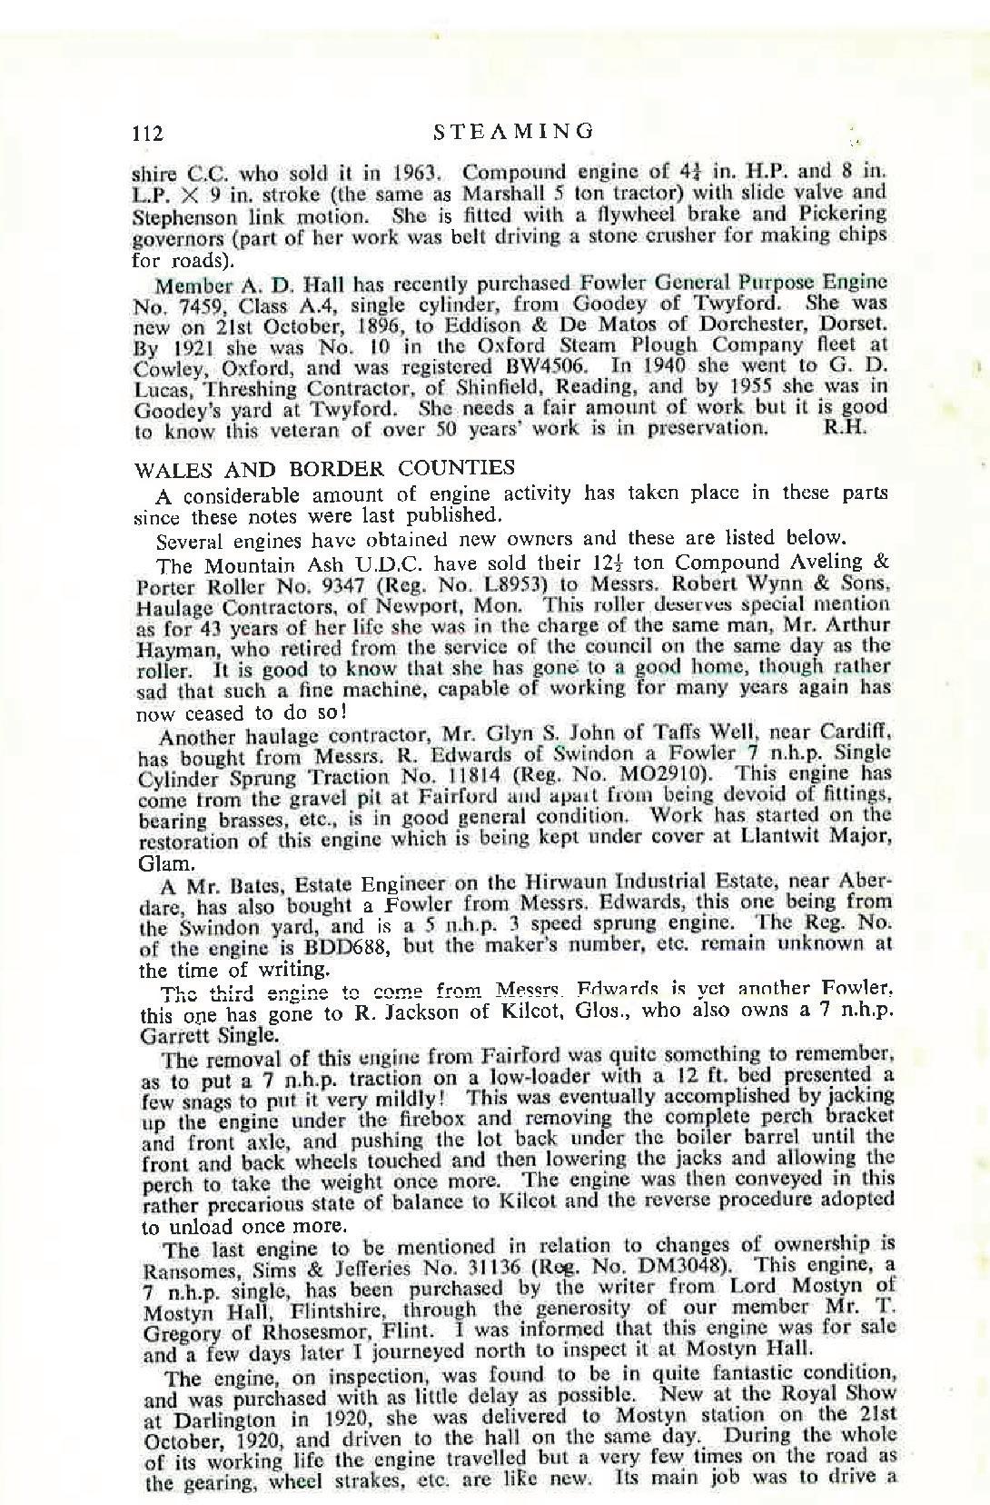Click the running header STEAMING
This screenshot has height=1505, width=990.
coord(514,131)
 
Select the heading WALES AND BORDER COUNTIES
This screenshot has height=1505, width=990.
coord(325,469)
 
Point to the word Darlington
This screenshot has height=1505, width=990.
coord(211,1416)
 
